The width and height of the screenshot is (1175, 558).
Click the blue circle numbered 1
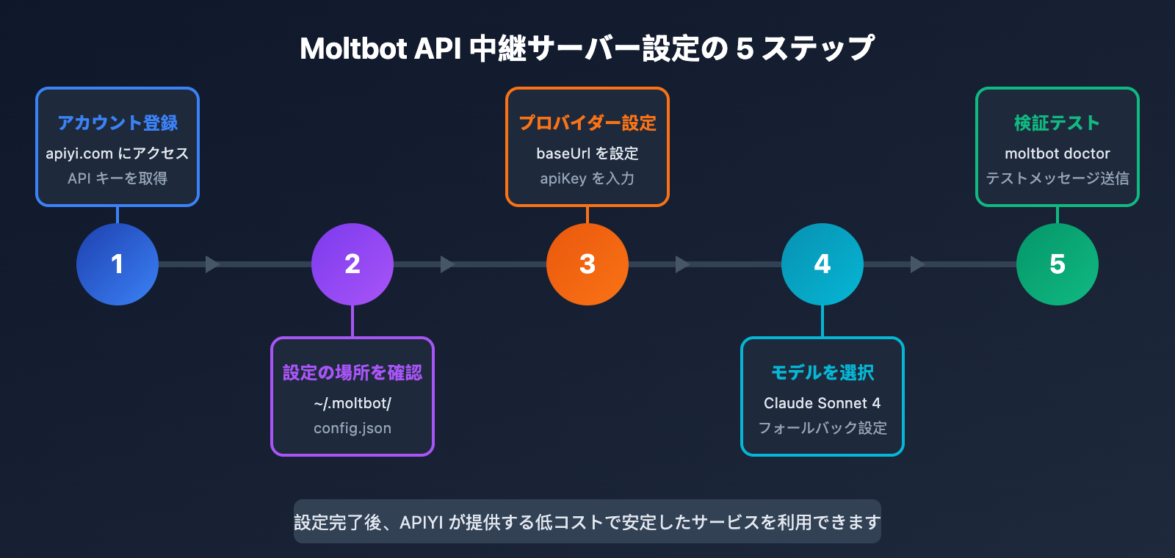(x=117, y=264)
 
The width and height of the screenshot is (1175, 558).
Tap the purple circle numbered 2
(x=352, y=264)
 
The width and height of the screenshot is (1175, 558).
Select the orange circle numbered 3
(x=587, y=264)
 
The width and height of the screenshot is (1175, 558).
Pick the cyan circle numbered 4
(x=822, y=264)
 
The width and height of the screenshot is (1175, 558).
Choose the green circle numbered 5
(x=1057, y=264)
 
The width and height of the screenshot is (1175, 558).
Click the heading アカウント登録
(x=117, y=123)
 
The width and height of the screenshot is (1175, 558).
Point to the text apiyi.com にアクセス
(x=117, y=153)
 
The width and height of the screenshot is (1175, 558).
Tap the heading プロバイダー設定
(x=587, y=123)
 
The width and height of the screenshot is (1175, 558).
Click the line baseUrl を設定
(x=587, y=153)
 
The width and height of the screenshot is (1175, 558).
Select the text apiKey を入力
(x=587, y=178)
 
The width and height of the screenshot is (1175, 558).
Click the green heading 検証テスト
(x=1057, y=123)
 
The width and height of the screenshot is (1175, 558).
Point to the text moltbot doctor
(x=1057, y=153)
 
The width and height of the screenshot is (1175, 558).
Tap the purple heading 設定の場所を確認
(x=352, y=372)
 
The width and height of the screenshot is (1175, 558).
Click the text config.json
(x=352, y=428)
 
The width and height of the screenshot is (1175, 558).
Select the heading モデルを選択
(x=822, y=372)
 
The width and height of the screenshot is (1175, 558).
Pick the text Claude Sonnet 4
(x=822, y=403)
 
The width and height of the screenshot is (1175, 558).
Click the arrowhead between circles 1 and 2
(x=212, y=264)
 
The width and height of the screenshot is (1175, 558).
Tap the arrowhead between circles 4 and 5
(x=917, y=264)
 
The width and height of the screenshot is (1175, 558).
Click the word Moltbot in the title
(x=353, y=48)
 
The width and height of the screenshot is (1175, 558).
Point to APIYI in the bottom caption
(x=422, y=522)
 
